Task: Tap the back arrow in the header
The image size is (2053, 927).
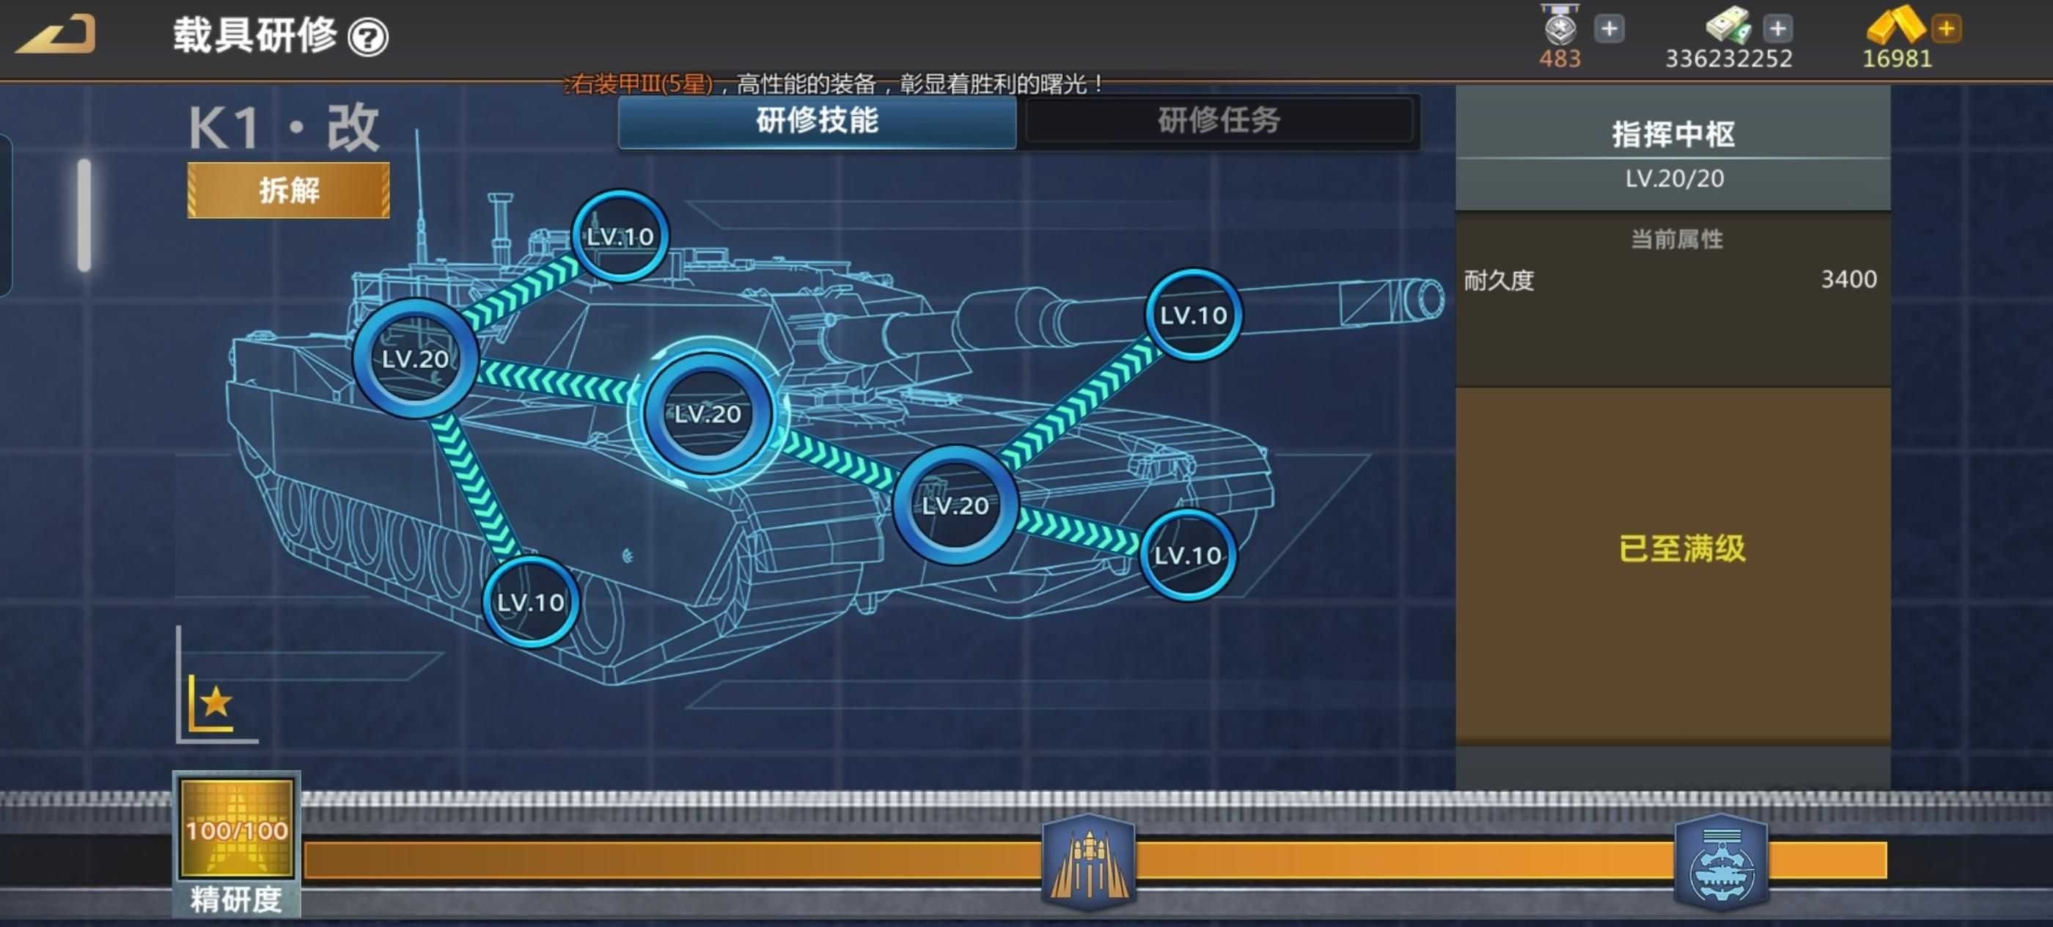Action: [x=56, y=34]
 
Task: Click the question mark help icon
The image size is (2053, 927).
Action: [x=368, y=37]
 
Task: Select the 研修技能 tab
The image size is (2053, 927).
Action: [x=817, y=121]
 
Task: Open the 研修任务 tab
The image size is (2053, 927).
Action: [x=1219, y=121]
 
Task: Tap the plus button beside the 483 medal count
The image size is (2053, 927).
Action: [x=1609, y=29]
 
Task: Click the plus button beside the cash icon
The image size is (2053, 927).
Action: [x=1777, y=29]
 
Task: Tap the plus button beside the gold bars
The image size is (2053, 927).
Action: [x=1946, y=29]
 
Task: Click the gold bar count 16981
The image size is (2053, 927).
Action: [x=1897, y=59]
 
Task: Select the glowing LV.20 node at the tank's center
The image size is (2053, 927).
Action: [x=708, y=414]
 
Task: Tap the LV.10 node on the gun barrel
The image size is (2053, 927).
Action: [x=1193, y=315]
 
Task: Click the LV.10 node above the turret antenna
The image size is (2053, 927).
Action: [x=620, y=236]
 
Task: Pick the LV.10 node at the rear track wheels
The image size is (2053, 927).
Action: [x=531, y=602]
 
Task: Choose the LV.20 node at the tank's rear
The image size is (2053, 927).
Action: [x=415, y=359]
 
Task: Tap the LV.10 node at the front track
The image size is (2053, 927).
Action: [x=1188, y=554]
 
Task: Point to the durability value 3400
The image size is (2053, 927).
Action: [x=1848, y=279]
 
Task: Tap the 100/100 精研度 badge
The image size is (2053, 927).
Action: [x=237, y=843]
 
